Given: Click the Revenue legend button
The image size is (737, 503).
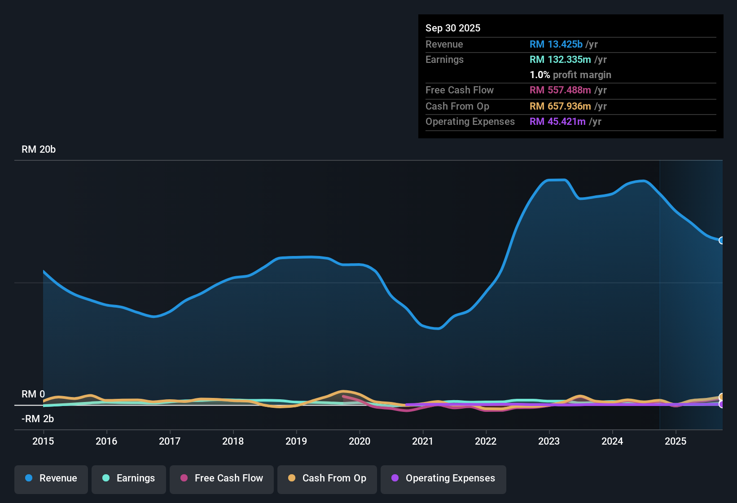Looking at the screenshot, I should pyautogui.click(x=51, y=478).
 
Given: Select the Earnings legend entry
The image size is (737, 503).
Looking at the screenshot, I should pyautogui.click(x=129, y=478).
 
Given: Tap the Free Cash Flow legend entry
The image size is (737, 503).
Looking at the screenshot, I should pyautogui.click(x=222, y=478).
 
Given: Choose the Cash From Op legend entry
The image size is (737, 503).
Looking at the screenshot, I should pyautogui.click(x=327, y=478).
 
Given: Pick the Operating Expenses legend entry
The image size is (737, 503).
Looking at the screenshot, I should pyautogui.click(x=443, y=478).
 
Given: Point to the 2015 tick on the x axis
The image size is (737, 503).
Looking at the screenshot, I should pyautogui.click(x=43, y=441).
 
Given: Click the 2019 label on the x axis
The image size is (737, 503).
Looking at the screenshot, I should pyautogui.click(x=296, y=441).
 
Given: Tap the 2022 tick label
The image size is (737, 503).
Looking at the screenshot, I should pyautogui.click(x=486, y=441).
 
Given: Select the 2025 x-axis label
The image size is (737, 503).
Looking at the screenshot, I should pyautogui.click(x=676, y=441).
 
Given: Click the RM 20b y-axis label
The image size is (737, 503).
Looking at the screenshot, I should pyautogui.click(x=39, y=150).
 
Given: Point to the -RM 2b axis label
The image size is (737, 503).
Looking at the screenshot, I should pyautogui.click(x=38, y=419).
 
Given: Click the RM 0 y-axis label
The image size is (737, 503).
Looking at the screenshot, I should pyautogui.click(x=33, y=394).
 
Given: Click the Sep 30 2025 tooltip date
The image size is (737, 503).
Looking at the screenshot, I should pyautogui.click(x=453, y=28).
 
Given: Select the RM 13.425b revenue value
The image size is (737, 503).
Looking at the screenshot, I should pyautogui.click(x=556, y=44).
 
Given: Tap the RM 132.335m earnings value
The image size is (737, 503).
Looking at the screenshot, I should pyautogui.click(x=560, y=60).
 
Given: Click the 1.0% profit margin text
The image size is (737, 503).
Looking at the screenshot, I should pyautogui.click(x=570, y=75).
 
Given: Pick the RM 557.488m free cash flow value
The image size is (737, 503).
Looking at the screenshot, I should pyautogui.click(x=560, y=90).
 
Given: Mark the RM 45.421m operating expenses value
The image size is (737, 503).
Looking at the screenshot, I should pyautogui.click(x=557, y=122).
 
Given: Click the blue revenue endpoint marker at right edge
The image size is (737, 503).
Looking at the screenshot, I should pyautogui.click(x=722, y=240).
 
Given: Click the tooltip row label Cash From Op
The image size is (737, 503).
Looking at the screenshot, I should pyautogui.click(x=457, y=106).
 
